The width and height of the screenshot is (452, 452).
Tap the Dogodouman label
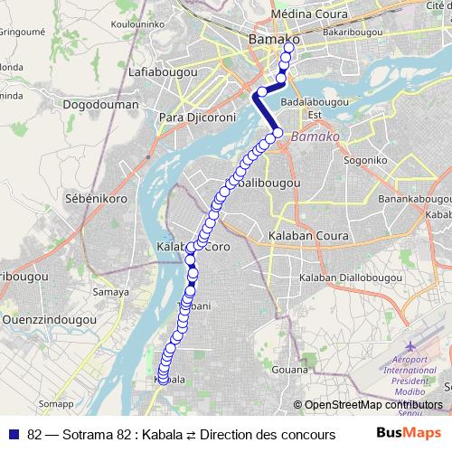(x=102, y=105)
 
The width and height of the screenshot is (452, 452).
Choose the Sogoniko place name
(x=365, y=160)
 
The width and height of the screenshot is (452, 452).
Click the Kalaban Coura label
(x=306, y=236)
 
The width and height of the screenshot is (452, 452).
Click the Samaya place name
(x=110, y=292)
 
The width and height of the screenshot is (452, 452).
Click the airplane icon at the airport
(x=413, y=347)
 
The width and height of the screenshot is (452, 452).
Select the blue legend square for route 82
(x=14, y=433)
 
